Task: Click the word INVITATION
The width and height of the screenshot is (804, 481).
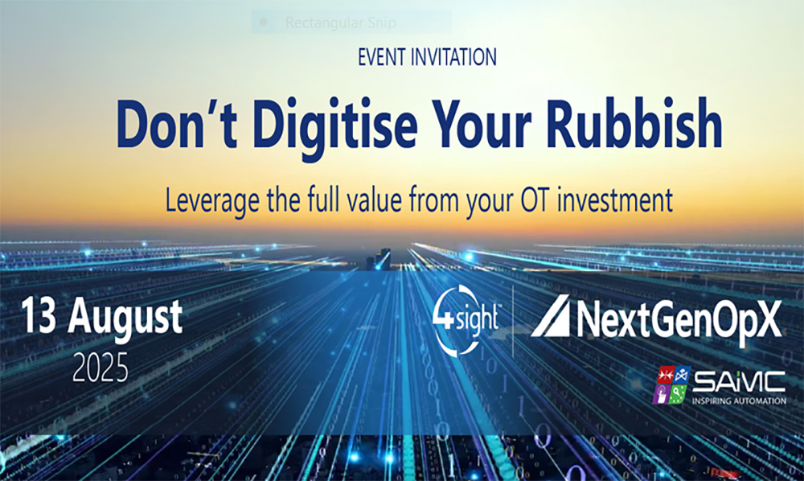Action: click(x=453, y=57)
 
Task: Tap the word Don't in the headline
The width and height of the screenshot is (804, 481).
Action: click(x=176, y=125)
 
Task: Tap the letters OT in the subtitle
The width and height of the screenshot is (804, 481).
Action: click(x=535, y=200)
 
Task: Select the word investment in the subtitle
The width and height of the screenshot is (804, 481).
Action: click(x=615, y=199)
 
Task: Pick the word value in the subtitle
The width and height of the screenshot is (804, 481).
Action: click(x=375, y=199)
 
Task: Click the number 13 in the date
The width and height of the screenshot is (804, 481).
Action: click(x=39, y=317)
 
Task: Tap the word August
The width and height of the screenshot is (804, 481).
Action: click(x=125, y=319)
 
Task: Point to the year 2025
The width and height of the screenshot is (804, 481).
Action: click(x=100, y=367)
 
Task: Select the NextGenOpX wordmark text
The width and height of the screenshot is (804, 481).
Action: click(x=679, y=320)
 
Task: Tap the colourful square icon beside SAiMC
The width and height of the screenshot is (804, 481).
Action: click(x=672, y=384)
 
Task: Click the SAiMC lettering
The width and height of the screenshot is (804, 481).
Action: click(x=739, y=381)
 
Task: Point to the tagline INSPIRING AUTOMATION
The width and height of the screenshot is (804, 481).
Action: click(x=739, y=401)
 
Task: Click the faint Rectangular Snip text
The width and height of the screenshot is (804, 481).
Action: click(x=340, y=23)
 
